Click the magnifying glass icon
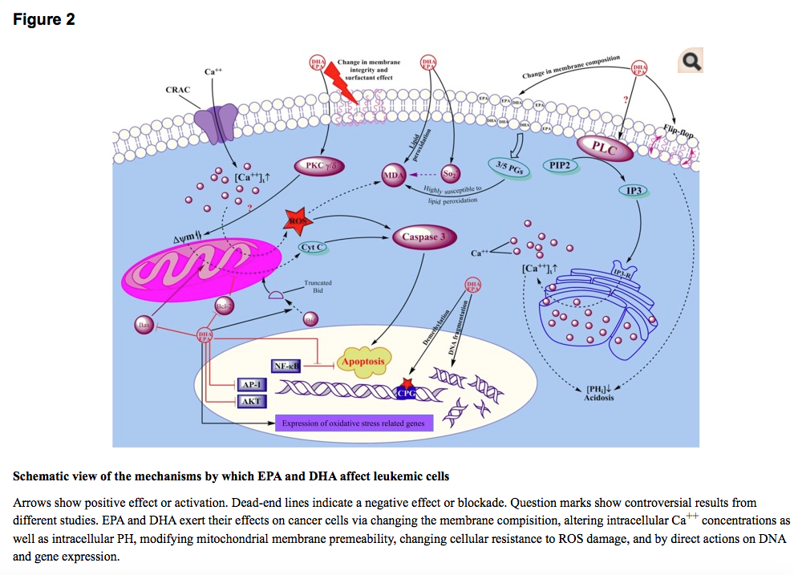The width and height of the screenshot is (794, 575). coord(690,62)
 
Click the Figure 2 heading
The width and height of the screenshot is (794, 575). coord(44,19)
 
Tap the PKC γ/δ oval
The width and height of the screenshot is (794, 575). coord(318,167)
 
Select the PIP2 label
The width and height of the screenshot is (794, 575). coord(560,165)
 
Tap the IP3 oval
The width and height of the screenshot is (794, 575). coord(634,191)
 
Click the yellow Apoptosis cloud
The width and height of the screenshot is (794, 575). coord(363,361)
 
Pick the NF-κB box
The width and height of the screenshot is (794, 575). coord(287,366)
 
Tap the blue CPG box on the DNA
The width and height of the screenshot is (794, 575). coord(408,391)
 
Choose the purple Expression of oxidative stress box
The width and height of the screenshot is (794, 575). coord(354,423)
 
